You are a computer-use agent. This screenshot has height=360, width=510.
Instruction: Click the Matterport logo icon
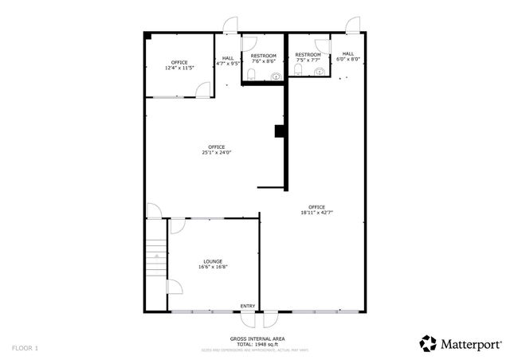click(429, 343)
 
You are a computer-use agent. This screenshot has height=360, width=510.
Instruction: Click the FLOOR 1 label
click(25, 348)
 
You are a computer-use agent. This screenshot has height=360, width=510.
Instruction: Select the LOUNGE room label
click(212, 261)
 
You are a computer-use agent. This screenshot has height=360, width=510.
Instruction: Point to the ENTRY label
click(248, 307)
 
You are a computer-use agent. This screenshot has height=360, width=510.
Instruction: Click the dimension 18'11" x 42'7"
click(316, 213)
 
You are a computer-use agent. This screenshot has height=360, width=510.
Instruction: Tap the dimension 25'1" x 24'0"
click(216, 152)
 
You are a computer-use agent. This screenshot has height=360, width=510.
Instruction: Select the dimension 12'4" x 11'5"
click(178, 68)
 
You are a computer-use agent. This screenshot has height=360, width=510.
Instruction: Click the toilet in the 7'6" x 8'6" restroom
click(251, 75)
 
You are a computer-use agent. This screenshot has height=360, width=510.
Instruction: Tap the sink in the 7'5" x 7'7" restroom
click(320, 72)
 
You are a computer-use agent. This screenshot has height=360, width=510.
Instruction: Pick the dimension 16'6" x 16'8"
click(212, 267)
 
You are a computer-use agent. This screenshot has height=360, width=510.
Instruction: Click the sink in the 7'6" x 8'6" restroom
click(276, 76)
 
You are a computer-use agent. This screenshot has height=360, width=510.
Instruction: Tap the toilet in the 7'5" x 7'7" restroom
click(297, 72)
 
